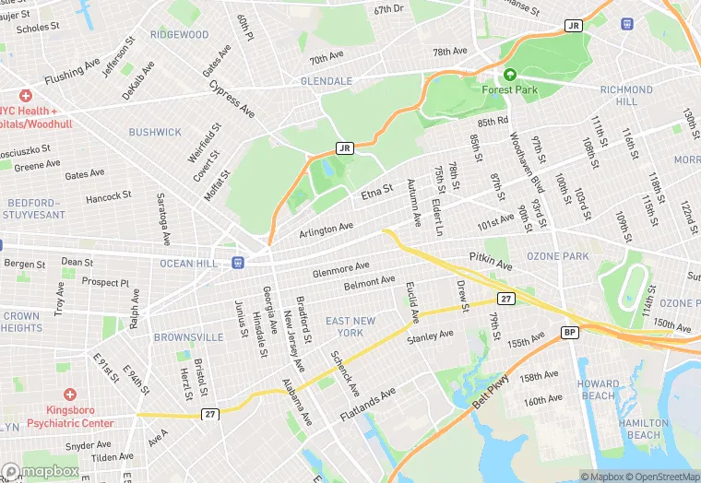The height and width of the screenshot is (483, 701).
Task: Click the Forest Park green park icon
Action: [x=509, y=75]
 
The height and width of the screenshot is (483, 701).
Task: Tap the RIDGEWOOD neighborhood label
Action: [x=180, y=35]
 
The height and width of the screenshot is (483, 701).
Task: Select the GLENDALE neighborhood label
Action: [x=327, y=81]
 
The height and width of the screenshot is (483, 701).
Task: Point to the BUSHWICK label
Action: [x=155, y=132]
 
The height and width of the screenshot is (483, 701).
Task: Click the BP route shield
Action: [x=570, y=332]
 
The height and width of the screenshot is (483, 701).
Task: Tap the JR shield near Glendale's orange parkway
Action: [x=345, y=147]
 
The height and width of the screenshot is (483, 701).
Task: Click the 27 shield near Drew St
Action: [x=505, y=299]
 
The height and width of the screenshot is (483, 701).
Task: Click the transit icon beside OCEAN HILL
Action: [x=238, y=263]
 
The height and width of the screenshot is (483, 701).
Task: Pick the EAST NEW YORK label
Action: [x=350, y=327]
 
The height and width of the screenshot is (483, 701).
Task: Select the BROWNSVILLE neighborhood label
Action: [x=188, y=337]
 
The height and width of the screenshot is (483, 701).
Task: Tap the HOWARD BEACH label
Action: [x=599, y=390]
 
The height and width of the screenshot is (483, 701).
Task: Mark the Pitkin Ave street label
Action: [x=490, y=260]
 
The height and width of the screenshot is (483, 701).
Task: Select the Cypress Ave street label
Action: [x=232, y=98]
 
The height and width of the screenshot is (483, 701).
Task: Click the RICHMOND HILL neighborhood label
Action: [x=626, y=95]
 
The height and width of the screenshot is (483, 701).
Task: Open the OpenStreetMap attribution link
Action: [x=660, y=477]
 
